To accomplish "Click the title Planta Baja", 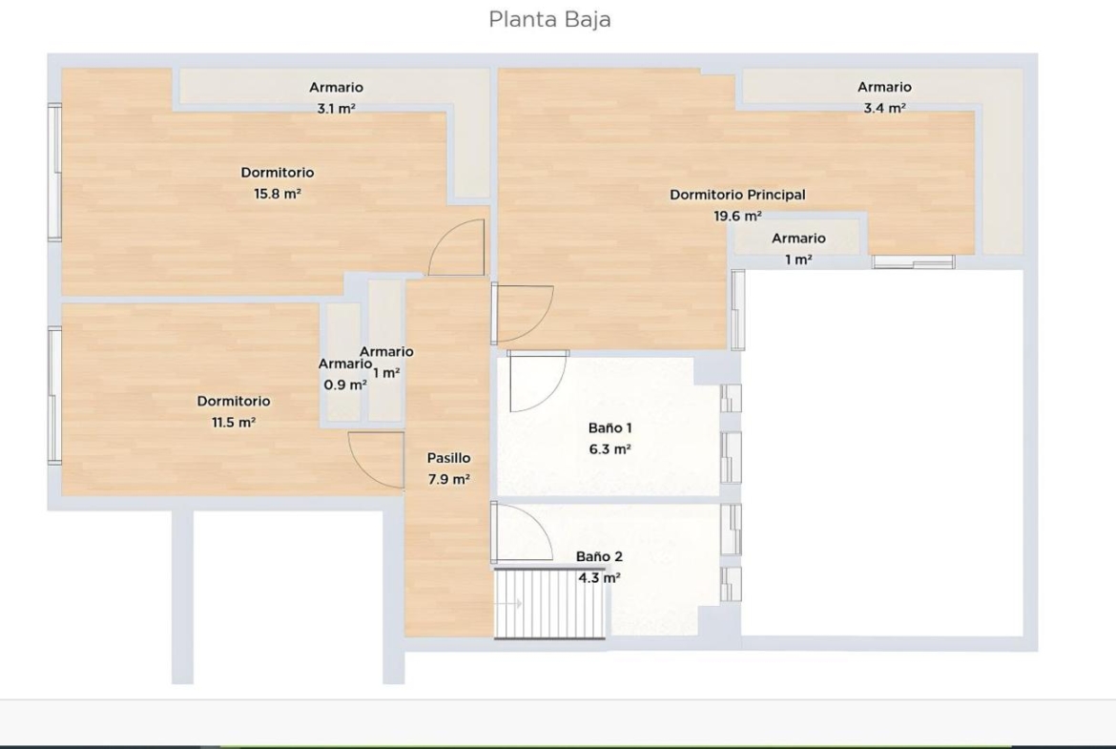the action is pos(549,19).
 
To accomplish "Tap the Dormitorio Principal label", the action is pos(737,195).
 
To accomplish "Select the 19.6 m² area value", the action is pos(737,216).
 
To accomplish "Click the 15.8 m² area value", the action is pos(278,194).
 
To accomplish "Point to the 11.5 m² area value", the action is pos(234,422).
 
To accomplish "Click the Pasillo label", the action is pos(448,458).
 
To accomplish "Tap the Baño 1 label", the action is pos(610,427).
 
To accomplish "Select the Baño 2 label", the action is pos(599,557).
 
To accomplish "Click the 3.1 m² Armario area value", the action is pos(336,108).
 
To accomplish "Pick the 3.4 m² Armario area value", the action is pos(884,108).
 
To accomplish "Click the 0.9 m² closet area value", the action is pos(345,385).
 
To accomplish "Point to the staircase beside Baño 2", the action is pos(549,602).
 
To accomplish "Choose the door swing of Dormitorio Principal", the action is pos(523,313).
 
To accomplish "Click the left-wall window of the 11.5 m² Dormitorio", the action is pos(54,396).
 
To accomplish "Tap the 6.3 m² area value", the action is pos(610,449).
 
